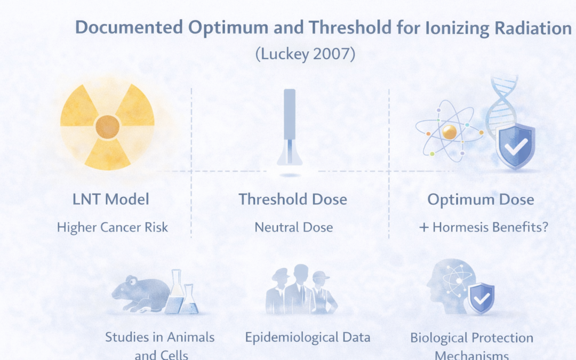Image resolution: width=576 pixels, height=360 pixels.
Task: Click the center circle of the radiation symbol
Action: pos(107,126)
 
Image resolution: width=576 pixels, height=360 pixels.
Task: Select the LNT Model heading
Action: pos(111,199)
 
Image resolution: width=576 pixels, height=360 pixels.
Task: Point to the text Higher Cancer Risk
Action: pos(112,227)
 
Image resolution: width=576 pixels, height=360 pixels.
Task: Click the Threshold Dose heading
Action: pos(293,199)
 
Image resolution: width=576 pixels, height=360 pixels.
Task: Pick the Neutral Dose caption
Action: pos(293,227)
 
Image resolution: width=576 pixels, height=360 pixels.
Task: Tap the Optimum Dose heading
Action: pos(481,199)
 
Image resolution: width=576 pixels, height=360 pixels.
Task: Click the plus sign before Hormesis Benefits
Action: pos(424,228)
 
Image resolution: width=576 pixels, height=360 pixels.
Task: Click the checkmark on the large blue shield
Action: pos(515,145)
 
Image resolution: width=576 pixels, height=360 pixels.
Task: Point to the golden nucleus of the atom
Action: pos(449,132)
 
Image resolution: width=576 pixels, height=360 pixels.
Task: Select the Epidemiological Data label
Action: pos(308,337)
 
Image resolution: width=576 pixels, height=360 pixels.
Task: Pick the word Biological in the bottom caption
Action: pos(440,338)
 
